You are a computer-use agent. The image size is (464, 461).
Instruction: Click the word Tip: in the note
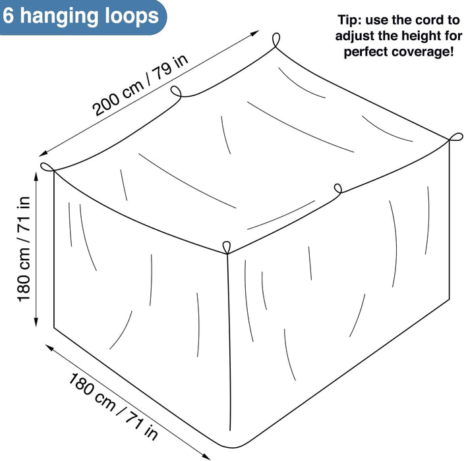[349, 20]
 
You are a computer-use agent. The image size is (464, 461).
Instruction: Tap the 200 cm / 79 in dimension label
[140, 85]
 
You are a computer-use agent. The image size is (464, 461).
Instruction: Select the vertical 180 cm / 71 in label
[24, 250]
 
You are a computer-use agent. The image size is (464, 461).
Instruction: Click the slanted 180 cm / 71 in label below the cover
[113, 406]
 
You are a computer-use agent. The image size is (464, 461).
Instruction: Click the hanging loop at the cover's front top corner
[226, 248]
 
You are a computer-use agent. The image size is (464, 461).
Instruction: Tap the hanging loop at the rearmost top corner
[276, 40]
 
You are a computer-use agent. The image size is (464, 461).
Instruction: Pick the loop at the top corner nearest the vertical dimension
[47, 167]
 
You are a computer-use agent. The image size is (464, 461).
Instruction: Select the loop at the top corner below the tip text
[456, 137]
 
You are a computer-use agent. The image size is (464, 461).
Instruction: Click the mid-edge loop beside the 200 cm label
[177, 91]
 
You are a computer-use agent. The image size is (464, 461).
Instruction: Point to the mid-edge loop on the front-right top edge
[338, 188]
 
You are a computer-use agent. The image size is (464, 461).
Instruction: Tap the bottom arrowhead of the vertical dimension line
[36, 322]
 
